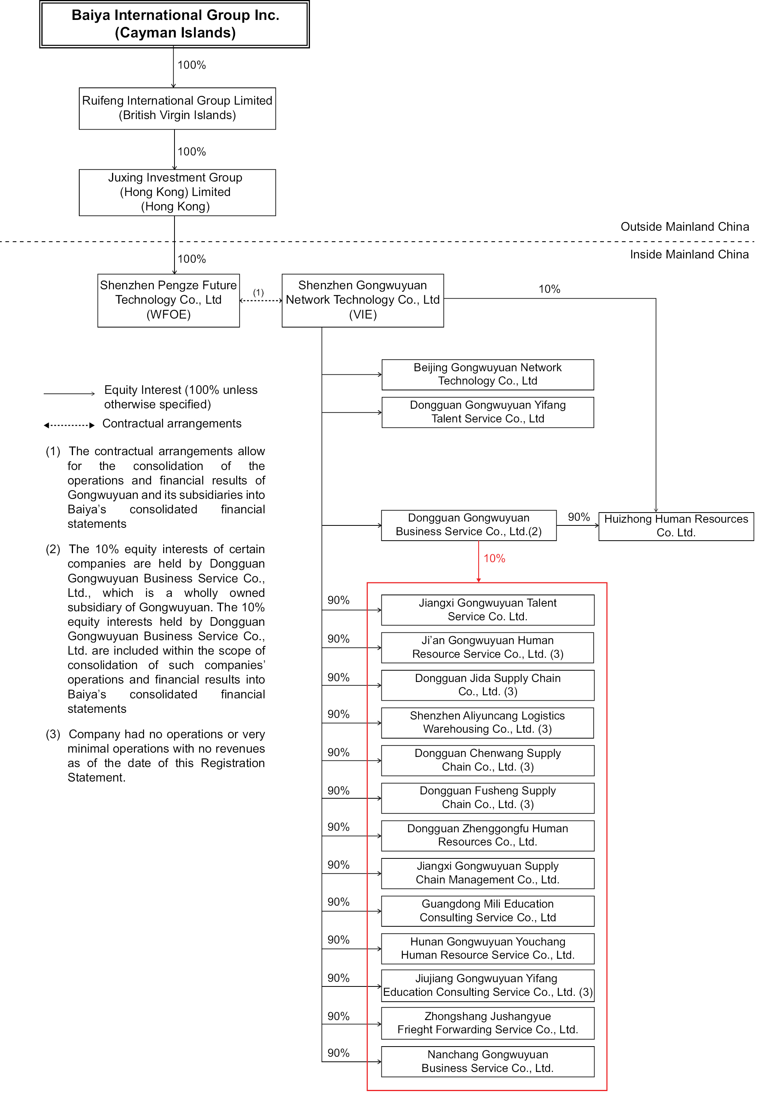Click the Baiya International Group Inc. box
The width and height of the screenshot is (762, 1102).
[175, 24]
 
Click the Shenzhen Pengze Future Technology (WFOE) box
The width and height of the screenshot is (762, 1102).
[169, 300]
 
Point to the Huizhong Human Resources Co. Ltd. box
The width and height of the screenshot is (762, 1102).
[676, 526]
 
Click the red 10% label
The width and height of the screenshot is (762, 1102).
[494, 558]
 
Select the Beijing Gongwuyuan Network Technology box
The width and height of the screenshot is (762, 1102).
[488, 374]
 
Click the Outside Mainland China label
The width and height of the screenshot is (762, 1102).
[684, 226]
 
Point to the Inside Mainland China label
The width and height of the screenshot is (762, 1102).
[689, 254]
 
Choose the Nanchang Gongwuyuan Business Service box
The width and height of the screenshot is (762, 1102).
[488, 1061]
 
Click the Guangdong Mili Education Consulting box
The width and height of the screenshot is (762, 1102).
[488, 911]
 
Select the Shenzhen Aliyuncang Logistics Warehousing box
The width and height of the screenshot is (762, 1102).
[488, 723]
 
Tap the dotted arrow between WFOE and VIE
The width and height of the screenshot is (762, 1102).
[261, 300]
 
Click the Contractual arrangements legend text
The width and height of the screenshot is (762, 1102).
[172, 424]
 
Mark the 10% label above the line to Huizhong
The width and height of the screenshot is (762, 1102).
[549, 289]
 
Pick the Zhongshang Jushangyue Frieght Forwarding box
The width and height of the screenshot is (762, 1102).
[488, 1023]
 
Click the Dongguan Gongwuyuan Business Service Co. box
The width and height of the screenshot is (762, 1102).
[468, 525]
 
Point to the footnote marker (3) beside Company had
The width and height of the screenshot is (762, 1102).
[53, 734]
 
